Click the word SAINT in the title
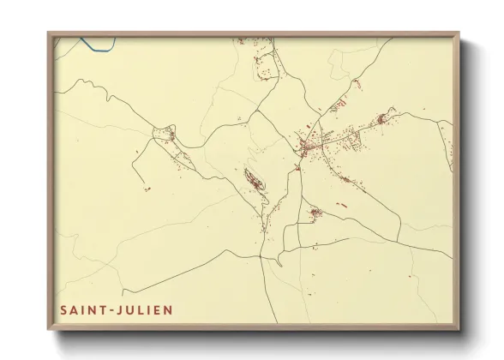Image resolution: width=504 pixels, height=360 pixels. coord(82,309)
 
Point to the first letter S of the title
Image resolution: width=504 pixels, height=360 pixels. coord(63,309)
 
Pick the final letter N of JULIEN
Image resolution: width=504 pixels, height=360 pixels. coord(169,309)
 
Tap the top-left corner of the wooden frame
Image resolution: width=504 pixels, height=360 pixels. coord(49,33)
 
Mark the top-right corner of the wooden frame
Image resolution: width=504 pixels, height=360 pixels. coord(459,33)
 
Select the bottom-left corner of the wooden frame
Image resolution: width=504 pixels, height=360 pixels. coord(49,330)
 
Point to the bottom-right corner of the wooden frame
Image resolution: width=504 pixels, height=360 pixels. coord(459,330)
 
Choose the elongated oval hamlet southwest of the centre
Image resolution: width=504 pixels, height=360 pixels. coord(255,182)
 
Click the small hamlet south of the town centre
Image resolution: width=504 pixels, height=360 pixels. coord(315,212)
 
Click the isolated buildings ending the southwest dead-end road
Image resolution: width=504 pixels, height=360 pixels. coord(147,189)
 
